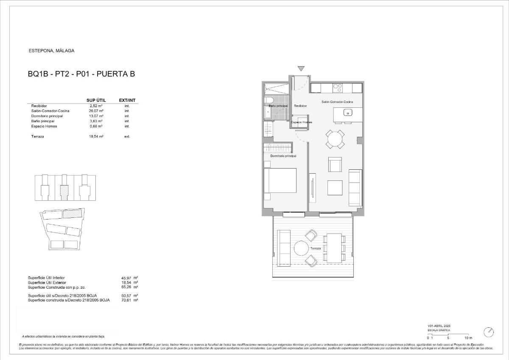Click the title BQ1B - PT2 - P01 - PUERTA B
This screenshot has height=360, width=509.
81,74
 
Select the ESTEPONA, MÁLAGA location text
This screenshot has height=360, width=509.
51,51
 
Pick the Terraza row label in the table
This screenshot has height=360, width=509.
37,136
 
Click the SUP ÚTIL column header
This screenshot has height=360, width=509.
96,100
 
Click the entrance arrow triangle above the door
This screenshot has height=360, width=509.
301,68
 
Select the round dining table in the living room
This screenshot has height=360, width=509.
335,139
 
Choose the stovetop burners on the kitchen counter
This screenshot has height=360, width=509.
338,88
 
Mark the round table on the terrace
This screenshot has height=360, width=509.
303,248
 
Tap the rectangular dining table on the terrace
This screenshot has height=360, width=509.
334,248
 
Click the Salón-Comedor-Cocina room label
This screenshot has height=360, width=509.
337,102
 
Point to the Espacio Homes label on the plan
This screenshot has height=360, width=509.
301,122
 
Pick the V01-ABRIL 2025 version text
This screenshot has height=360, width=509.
439,326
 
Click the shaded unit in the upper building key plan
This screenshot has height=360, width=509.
64,191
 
